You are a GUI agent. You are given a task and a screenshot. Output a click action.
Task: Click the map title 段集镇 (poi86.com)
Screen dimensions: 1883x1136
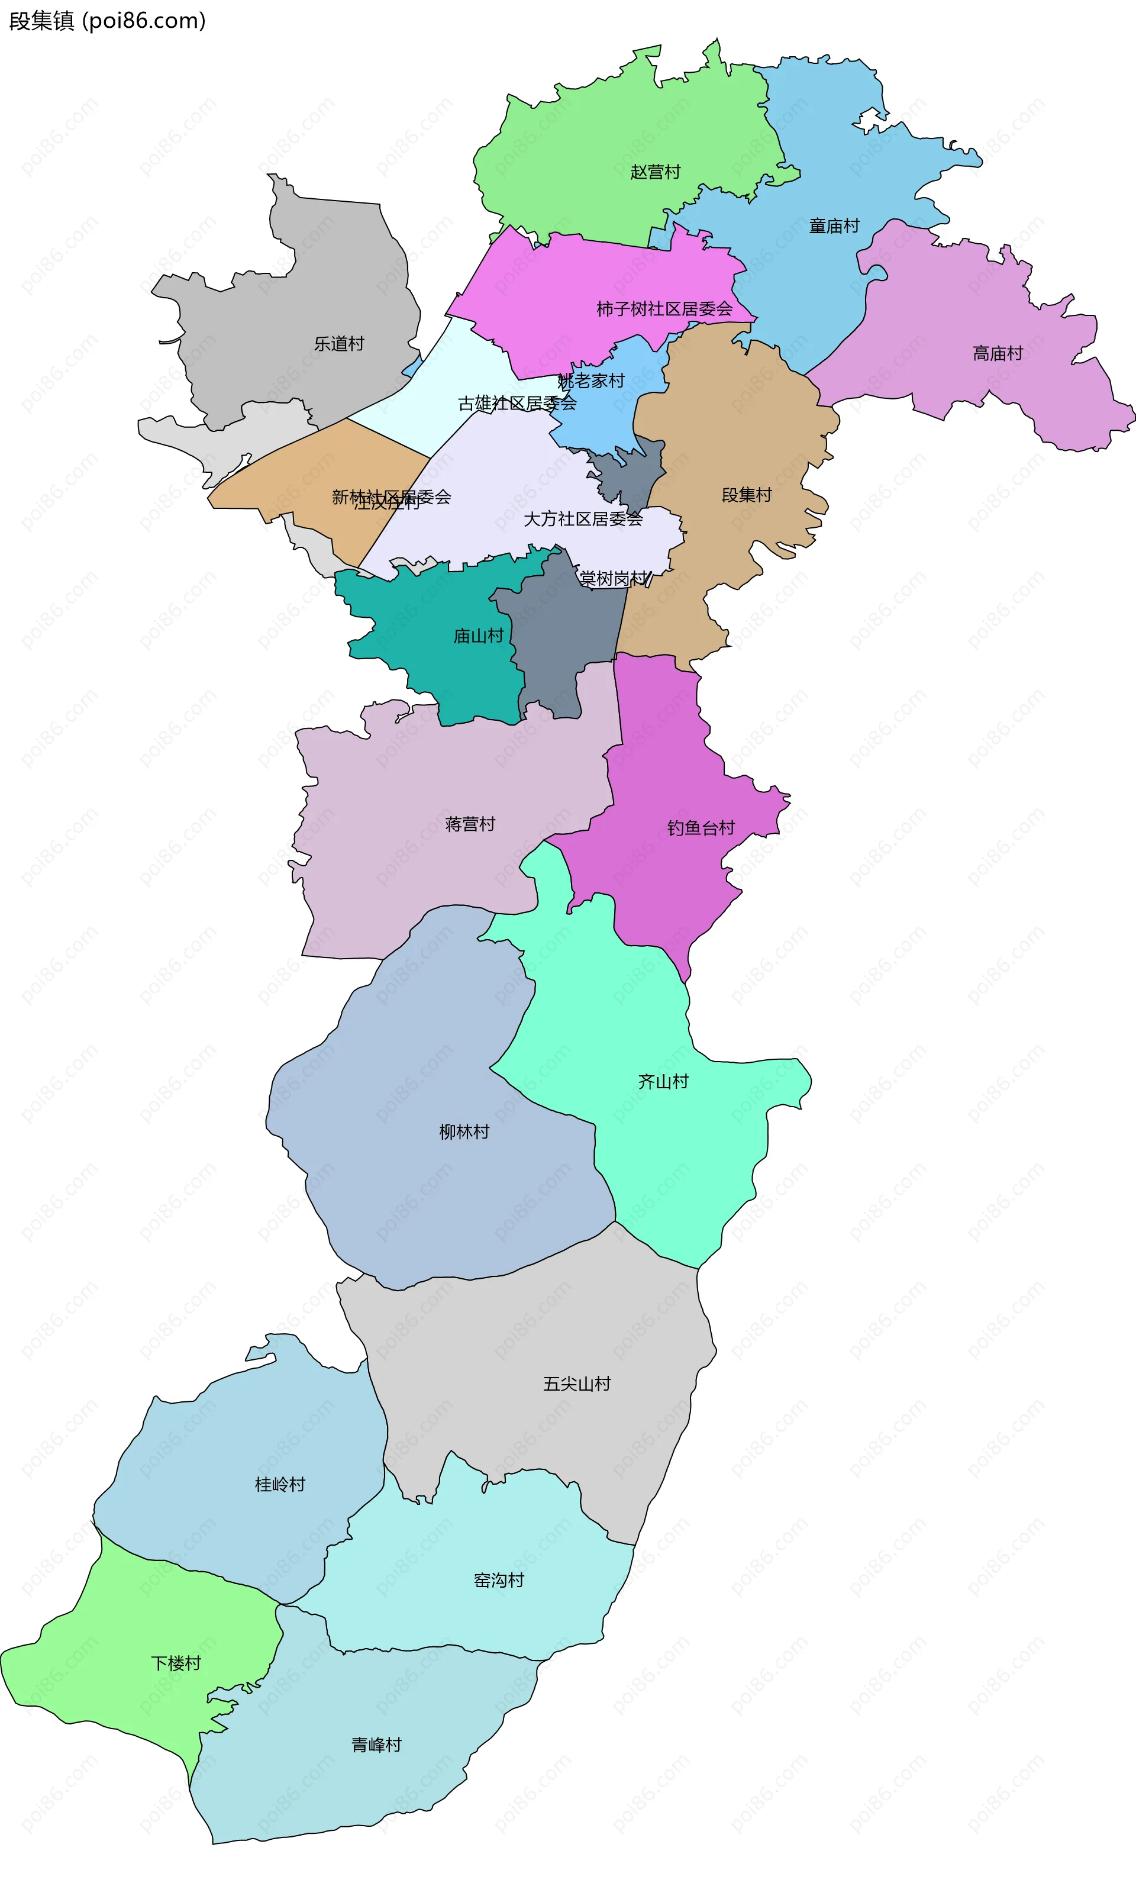tap(108, 21)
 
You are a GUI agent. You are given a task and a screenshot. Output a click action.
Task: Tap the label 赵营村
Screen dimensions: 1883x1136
tap(655, 172)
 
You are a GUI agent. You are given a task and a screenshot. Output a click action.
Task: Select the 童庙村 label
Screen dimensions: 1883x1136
tap(834, 226)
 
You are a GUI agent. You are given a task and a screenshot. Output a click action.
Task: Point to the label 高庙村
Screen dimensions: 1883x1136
tap(997, 353)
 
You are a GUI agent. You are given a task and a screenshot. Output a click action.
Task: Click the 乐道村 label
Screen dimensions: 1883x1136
tap(338, 344)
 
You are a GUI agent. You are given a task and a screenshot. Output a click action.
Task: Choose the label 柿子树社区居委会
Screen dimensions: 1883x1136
tap(664, 309)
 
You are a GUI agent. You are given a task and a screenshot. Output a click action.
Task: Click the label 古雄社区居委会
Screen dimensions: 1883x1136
tap(517, 404)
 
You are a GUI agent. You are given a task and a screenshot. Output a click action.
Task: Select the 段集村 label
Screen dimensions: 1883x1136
tap(746, 495)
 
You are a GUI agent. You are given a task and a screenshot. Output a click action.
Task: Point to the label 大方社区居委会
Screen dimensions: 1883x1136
tap(583, 520)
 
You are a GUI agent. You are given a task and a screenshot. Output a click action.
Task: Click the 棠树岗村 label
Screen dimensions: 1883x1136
tap(614, 579)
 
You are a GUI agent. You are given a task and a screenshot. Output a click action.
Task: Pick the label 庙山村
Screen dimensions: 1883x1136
tap(478, 636)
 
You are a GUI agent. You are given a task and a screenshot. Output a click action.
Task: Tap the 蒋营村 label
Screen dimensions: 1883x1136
tap(470, 824)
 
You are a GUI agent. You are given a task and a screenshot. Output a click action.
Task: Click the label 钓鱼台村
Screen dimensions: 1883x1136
tap(701, 828)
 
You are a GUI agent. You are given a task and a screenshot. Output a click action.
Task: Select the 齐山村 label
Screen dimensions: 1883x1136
tap(663, 1081)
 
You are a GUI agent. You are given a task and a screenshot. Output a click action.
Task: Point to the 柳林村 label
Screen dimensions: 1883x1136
tap(464, 1132)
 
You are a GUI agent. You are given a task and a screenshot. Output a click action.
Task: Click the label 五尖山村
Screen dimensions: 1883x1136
tap(577, 1384)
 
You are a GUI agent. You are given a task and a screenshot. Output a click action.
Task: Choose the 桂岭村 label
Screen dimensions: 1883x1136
tap(280, 1484)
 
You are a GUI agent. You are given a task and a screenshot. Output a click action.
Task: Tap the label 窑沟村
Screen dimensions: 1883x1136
tap(499, 1581)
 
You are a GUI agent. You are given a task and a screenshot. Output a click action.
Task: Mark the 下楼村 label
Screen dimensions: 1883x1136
tap(176, 1663)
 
